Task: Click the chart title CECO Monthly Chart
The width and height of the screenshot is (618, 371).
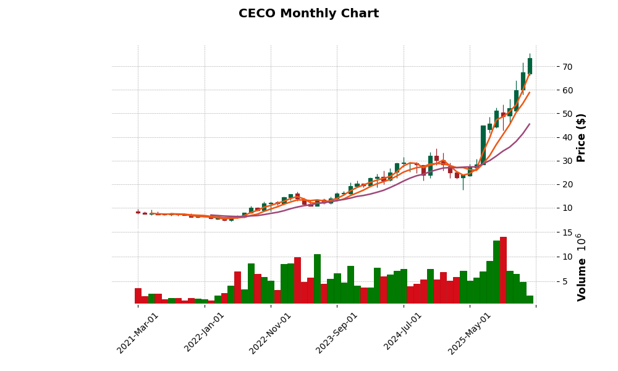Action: point(308,14)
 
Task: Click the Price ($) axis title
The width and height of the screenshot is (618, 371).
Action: point(581,137)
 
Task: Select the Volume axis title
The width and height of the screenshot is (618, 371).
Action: point(581,267)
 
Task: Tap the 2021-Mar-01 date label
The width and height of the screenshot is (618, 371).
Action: point(138,333)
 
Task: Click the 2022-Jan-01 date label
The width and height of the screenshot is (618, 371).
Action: point(205,333)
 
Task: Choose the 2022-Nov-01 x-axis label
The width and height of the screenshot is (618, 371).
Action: point(270,333)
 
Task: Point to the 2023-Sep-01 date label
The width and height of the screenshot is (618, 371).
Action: point(337,333)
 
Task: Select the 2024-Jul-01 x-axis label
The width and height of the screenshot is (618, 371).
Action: point(403,333)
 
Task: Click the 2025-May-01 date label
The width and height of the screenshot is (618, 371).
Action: point(470,333)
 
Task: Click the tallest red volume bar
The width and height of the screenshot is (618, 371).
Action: point(504,270)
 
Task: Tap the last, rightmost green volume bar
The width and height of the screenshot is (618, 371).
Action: point(530,300)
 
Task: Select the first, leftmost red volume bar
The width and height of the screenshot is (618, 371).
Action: point(138,296)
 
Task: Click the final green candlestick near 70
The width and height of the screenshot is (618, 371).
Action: point(530,66)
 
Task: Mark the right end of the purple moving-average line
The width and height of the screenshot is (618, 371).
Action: point(529,124)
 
